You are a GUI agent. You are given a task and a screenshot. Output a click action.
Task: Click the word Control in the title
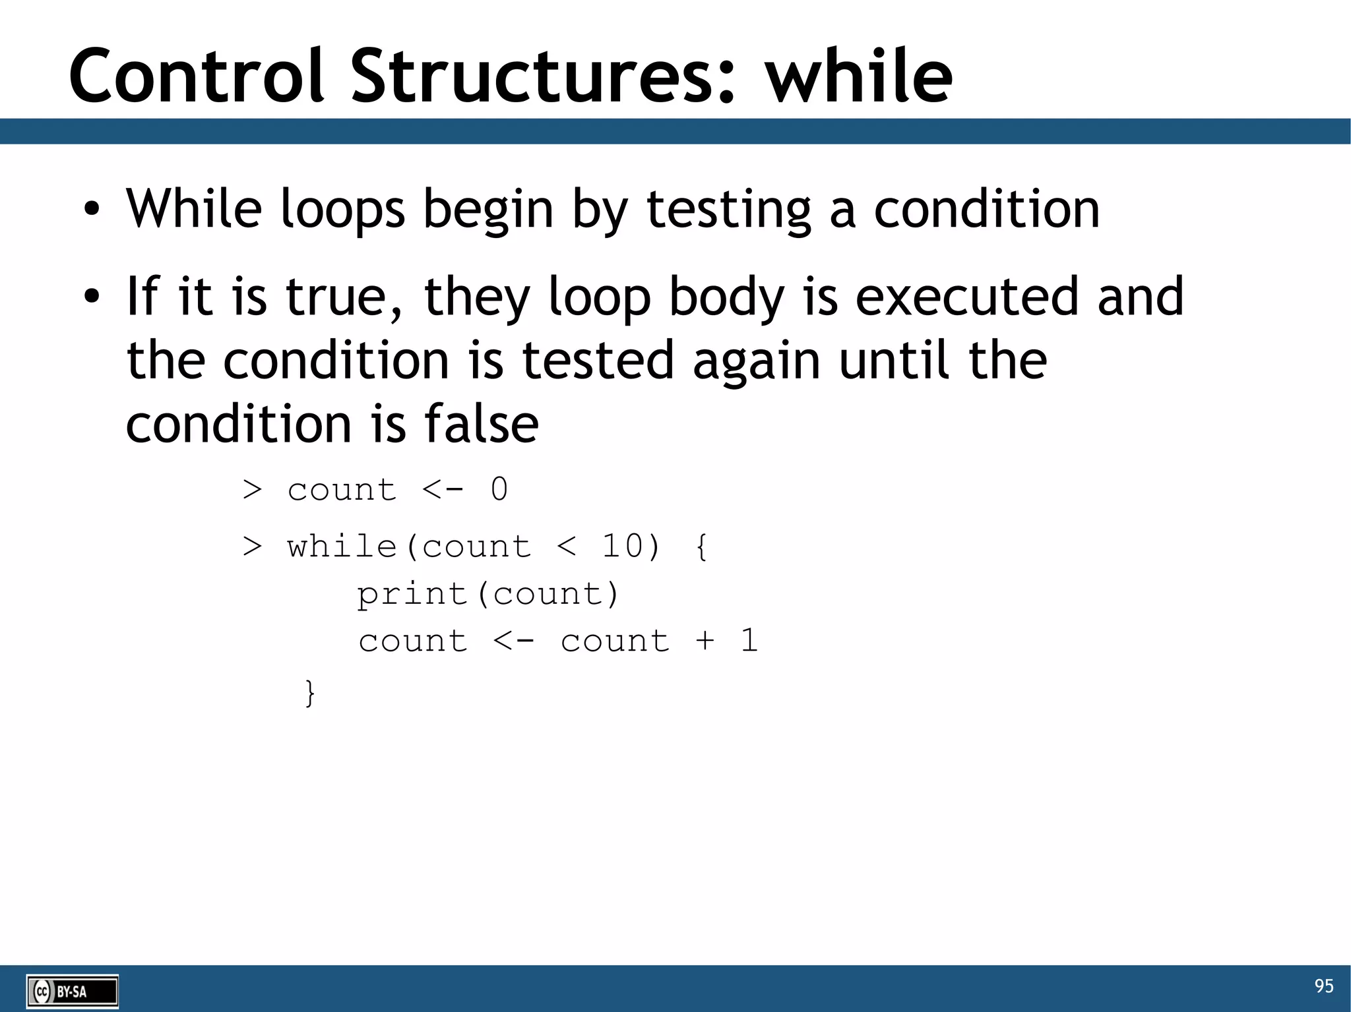[197, 76]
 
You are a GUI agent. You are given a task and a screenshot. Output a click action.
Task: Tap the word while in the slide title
[858, 76]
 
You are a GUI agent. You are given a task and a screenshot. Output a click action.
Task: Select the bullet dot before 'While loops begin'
[92, 210]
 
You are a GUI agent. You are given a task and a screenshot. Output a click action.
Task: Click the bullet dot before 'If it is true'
[92, 297]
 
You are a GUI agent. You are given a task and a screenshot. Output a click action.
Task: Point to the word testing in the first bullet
[728, 210]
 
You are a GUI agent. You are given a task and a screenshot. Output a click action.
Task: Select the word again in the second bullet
[756, 361]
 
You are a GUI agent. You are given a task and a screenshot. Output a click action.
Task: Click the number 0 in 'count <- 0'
[499, 490]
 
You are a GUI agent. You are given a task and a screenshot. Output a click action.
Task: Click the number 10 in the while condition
[622, 547]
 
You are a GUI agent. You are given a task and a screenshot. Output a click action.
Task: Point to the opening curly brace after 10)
[701, 547]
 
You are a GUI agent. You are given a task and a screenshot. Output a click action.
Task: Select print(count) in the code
[487, 594]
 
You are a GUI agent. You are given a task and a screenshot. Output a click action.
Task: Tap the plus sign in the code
[705, 640]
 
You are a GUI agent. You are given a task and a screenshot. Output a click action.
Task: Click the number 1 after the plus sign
[749, 640]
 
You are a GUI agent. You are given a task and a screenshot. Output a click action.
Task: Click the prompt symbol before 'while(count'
[252, 547]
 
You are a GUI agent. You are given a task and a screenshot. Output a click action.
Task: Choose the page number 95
[1323, 986]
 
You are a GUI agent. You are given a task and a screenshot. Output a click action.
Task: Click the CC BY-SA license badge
[73, 991]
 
